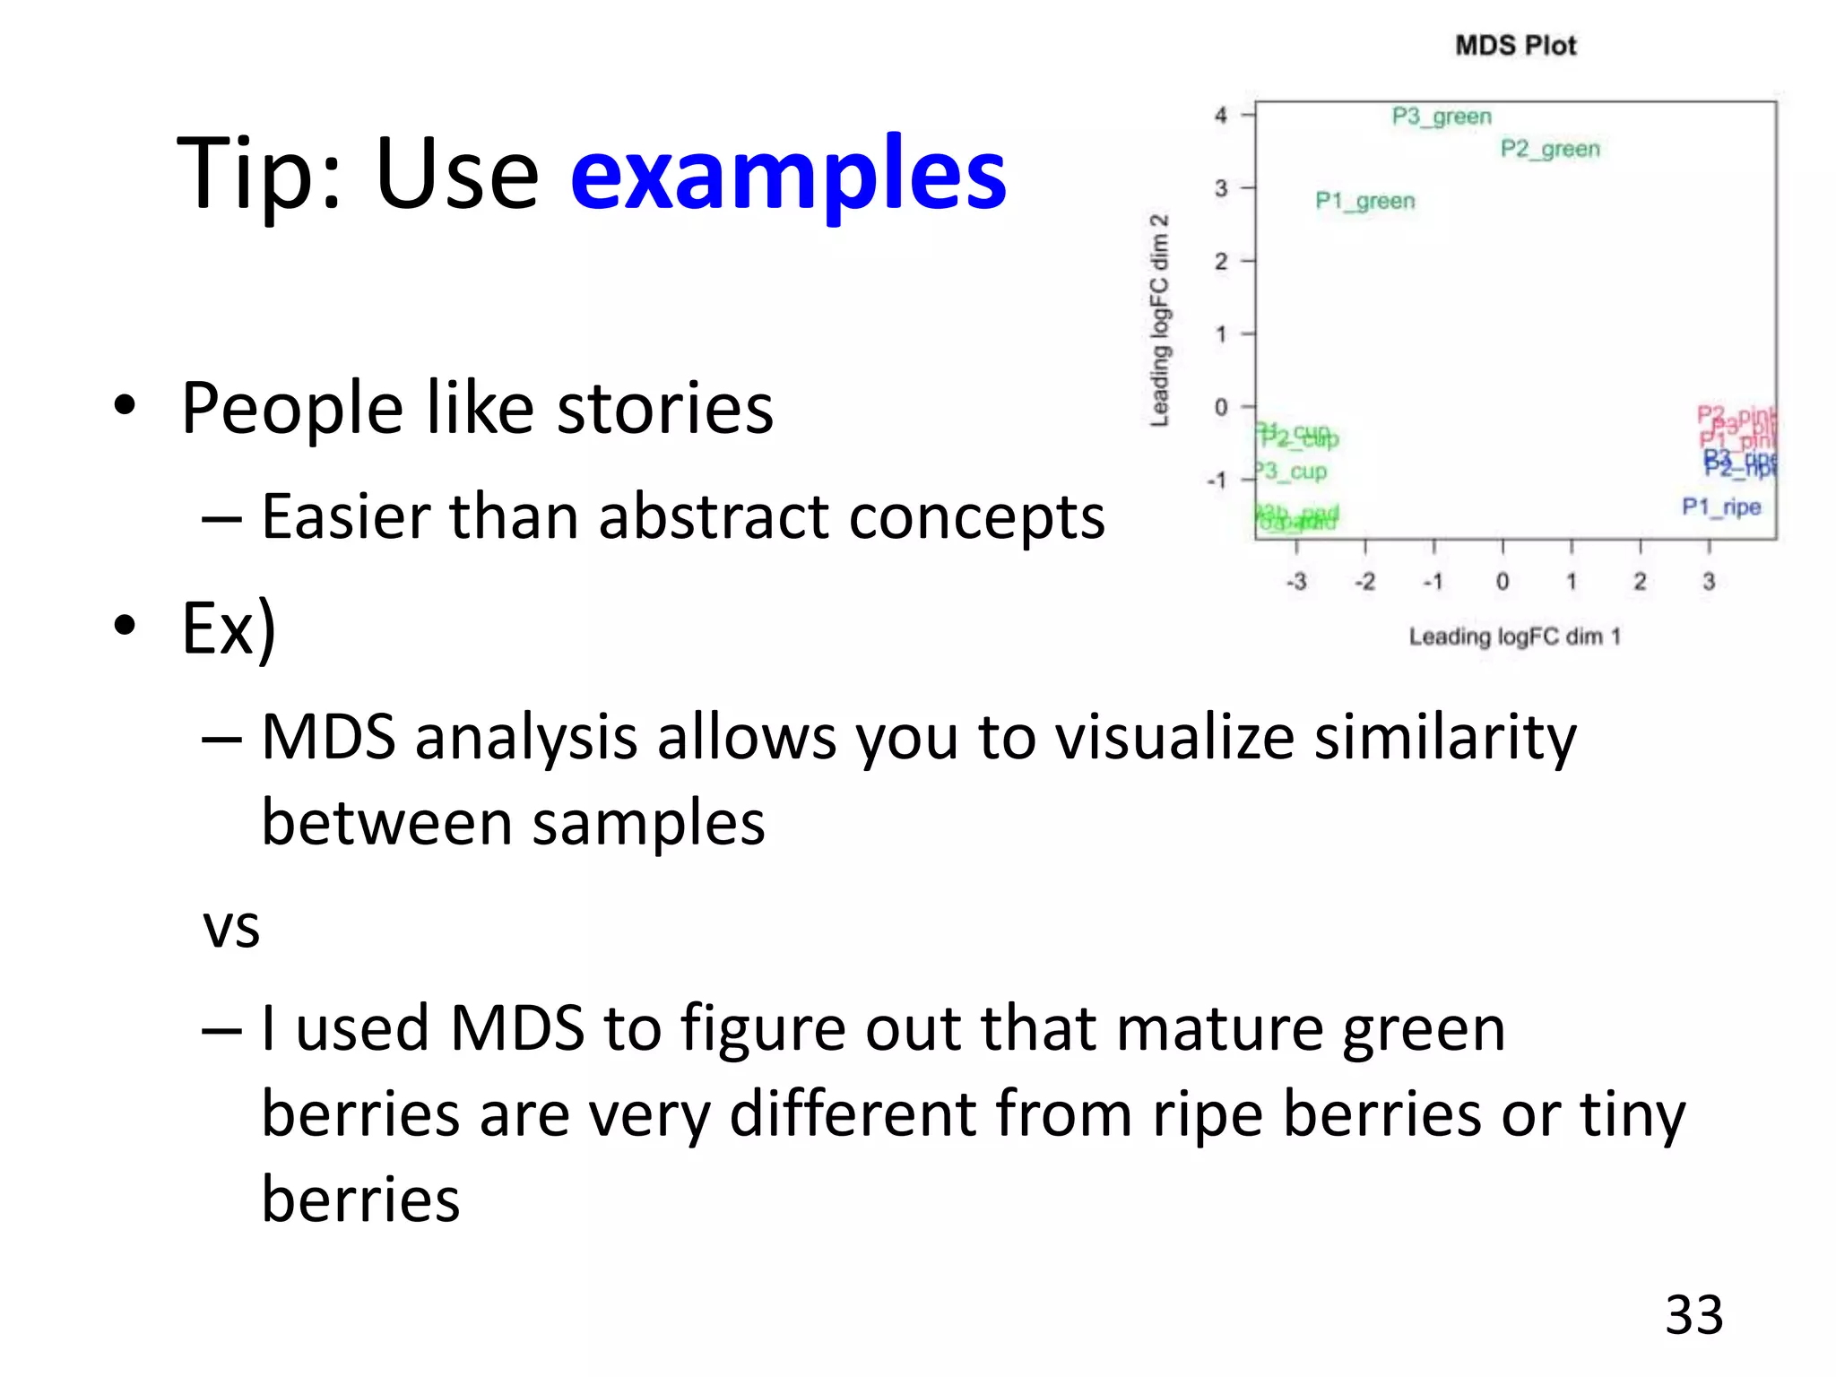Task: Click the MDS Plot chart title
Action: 1515,46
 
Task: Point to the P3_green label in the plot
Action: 1442,117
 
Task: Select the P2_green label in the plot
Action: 1550,149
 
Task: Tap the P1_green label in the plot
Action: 1364,201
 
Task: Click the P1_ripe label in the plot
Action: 1720,507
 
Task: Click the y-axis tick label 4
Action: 1221,116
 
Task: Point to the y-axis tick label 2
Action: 1221,262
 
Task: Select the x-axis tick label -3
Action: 1296,582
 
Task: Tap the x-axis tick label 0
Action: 1503,582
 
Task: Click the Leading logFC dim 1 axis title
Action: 1514,637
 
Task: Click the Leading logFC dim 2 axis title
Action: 1160,320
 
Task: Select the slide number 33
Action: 1693,1315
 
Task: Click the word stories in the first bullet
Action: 664,409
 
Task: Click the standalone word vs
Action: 231,926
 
